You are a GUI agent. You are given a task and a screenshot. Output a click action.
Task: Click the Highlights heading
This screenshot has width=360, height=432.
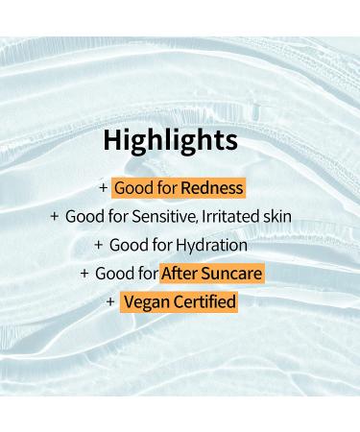pos(170,141)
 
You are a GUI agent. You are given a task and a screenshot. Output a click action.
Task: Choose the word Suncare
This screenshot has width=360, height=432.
pos(233,275)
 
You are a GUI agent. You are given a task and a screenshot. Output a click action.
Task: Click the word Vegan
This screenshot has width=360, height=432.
pos(145,303)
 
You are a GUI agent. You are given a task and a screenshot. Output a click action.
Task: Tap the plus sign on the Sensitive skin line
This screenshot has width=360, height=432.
pos(55,217)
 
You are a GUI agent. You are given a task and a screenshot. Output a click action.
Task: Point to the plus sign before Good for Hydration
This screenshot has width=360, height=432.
pos(97,246)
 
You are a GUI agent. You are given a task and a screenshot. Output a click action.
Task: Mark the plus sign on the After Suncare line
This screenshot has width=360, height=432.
pos(84,275)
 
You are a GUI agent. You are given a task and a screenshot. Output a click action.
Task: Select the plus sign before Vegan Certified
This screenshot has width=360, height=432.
pos(110,303)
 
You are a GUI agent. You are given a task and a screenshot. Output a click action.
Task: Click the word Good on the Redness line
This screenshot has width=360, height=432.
pos(132,188)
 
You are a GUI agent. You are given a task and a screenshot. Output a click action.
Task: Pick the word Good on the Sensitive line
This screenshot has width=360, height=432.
pos(84,217)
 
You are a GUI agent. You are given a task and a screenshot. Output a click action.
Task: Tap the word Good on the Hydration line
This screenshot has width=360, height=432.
pos(128,246)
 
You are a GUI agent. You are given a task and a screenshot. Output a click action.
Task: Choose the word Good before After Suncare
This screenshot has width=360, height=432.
pos(113,275)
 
